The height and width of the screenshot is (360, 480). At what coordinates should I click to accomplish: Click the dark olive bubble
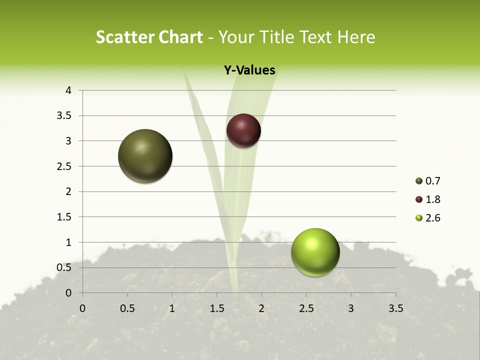coord(145,156)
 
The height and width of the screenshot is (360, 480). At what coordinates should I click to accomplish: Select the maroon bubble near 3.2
coord(243,131)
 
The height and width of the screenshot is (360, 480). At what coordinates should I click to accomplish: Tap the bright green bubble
coord(315,252)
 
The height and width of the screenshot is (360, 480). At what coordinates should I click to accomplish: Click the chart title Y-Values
coord(249,70)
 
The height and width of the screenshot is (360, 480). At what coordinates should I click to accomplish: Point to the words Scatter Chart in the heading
coord(149,37)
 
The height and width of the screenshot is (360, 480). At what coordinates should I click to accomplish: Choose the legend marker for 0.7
coord(419,181)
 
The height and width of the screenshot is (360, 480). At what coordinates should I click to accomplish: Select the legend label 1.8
coord(432,199)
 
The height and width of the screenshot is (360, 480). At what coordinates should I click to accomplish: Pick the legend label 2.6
coord(432,218)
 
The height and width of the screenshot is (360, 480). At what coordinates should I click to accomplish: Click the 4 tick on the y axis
coord(68,90)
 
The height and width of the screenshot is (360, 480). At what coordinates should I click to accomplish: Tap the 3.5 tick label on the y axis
coord(64,116)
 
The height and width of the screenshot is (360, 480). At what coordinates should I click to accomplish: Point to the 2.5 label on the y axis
coord(64,166)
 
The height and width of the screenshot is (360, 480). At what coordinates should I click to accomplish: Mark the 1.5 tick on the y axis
coord(64,217)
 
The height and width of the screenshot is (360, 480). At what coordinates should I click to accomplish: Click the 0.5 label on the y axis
coord(64,267)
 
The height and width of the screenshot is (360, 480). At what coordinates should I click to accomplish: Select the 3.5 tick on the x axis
coord(395,308)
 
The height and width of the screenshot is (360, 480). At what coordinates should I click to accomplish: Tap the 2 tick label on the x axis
coord(261,308)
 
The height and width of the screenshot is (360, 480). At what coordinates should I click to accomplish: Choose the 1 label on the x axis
coord(172,308)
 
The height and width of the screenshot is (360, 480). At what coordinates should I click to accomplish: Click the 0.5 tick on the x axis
coord(127,308)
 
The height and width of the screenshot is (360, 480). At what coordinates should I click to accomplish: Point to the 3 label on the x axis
coord(351,308)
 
